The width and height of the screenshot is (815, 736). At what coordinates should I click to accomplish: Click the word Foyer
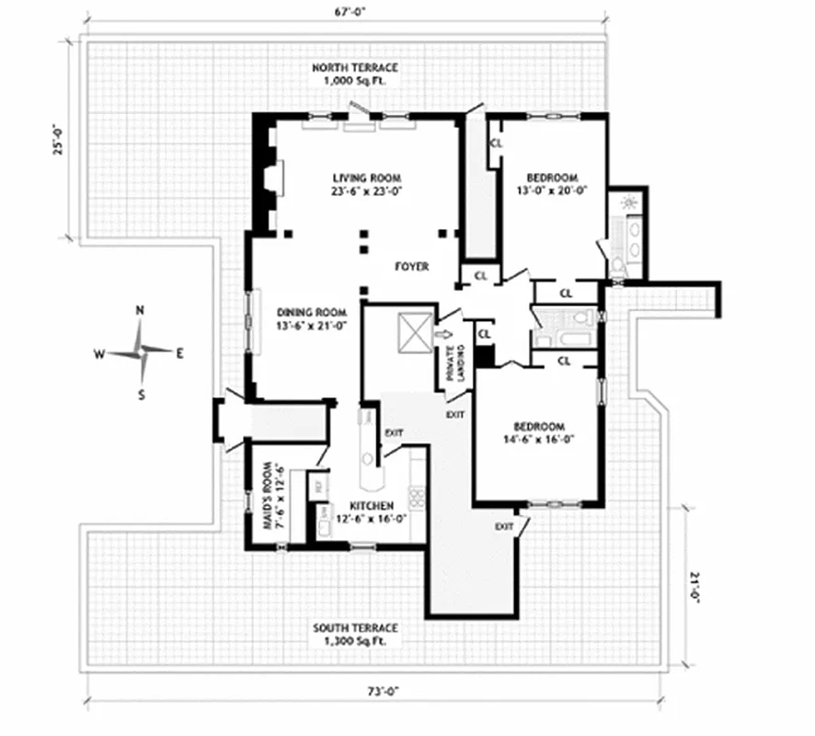pos(411,267)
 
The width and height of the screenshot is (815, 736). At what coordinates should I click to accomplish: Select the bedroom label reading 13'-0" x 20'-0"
pos(551,184)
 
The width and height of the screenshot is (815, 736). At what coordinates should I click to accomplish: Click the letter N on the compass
pos(140,311)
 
